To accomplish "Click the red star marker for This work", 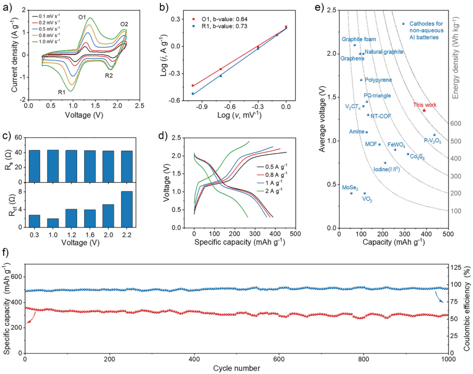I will [424, 110].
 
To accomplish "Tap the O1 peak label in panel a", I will [82, 17].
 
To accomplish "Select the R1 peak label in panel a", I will [61, 92].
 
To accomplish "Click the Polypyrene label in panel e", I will [378, 80].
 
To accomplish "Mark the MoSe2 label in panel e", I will [350, 188].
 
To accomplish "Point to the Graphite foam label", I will [359, 39].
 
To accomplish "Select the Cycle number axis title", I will [236, 368].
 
